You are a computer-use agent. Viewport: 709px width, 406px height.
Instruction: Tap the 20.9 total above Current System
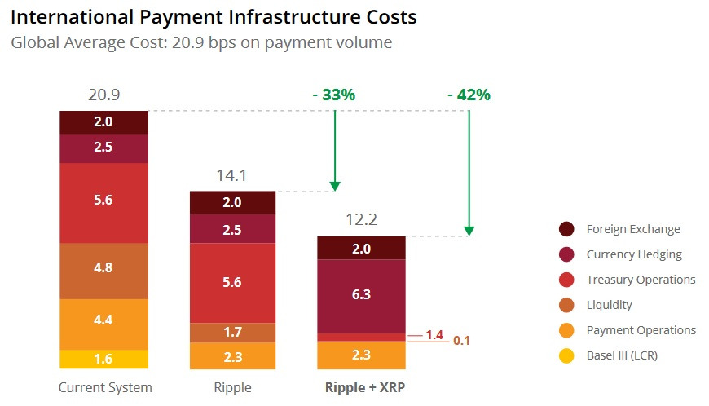click(103, 95)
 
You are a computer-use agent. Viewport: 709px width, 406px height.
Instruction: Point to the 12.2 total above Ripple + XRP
click(360, 220)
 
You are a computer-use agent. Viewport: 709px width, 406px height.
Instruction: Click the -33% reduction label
click(334, 95)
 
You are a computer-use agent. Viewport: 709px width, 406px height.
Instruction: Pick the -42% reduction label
click(469, 95)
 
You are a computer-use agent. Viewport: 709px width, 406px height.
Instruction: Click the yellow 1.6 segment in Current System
click(103, 360)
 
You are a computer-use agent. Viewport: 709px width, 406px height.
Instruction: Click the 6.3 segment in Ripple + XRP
click(360, 295)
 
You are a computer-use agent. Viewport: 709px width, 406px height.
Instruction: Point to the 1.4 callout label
click(434, 335)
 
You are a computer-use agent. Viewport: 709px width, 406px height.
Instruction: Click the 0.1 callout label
click(462, 342)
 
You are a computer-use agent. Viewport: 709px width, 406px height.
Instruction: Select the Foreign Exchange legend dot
click(567, 229)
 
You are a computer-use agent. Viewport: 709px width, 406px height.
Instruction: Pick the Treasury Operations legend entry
click(641, 280)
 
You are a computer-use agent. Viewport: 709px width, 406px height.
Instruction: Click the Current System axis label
click(105, 387)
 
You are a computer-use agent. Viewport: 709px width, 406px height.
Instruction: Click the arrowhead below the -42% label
click(469, 232)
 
